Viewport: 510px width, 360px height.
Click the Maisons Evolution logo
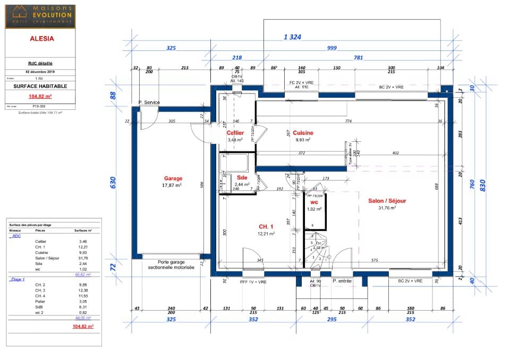(x=40, y=16)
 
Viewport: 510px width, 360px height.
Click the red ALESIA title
(x=40, y=39)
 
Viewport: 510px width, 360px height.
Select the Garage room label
(x=173, y=179)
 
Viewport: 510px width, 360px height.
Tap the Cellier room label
(x=235, y=133)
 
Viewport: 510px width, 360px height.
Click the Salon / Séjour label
(x=387, y=201)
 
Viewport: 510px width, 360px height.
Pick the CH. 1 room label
(x=266, y=227)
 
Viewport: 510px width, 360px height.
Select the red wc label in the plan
(x=314, y=202)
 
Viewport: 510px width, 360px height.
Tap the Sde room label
(x=242, y=177)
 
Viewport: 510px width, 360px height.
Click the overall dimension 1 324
(x=293, y=37)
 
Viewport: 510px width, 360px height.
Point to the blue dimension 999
(x=332, y=48)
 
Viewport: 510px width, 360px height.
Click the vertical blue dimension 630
(x=113, y=183)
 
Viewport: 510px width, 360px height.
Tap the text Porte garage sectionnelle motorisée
(x=171, y=265)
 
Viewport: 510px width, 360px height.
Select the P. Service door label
(x=149, y=102)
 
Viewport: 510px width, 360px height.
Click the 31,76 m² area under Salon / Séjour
(x=387, y=208)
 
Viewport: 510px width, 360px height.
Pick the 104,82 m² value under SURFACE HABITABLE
(x=40, y=97)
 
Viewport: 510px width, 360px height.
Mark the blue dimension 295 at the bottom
(x=331, y=320)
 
